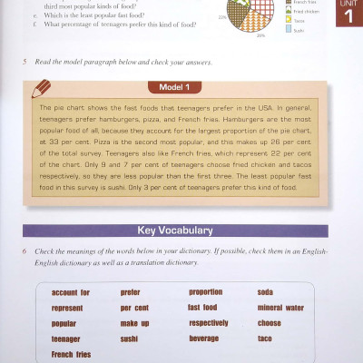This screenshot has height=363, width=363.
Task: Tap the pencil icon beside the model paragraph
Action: (x=42, y=89)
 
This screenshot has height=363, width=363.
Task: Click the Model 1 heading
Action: (x=174, y=88)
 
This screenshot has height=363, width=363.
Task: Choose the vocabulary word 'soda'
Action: (x=265, y=292)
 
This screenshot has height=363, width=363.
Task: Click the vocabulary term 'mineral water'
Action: (x=280, y=308)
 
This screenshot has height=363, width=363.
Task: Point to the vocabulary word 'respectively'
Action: (x=208, y=323)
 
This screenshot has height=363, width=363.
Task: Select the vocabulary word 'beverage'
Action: (x=203, y=338)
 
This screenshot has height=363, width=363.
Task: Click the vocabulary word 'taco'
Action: (x=265, y=338)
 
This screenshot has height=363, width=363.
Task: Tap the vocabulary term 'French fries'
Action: (x=72, y=354)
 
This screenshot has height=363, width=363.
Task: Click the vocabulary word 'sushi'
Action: (x=131, y=338)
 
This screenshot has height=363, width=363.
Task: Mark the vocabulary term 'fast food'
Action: (x=202, y=308)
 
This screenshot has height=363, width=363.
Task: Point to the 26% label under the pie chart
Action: (x=260, y=35)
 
